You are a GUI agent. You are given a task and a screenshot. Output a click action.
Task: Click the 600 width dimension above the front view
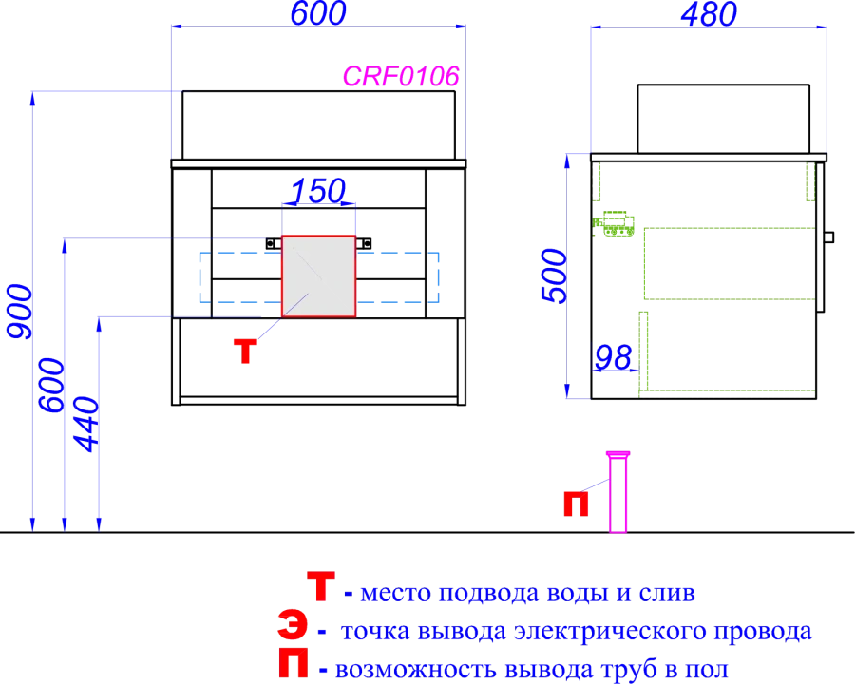[318, 13]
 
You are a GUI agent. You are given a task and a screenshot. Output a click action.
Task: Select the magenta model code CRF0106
[401, 76]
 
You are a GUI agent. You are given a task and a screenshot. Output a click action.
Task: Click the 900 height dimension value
[20, 312]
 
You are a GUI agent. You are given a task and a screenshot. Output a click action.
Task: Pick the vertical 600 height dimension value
[52, 385]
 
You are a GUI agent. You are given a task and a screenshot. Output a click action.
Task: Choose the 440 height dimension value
[86, 425]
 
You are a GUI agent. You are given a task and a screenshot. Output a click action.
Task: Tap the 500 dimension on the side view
[555, 275]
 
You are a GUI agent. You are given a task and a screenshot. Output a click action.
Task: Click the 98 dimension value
[614, 358]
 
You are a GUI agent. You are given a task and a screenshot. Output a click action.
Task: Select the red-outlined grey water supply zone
[318, 276]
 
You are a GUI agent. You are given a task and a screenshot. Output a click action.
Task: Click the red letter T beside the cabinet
[245, 351]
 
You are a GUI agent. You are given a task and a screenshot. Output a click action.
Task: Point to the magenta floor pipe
[617, 491]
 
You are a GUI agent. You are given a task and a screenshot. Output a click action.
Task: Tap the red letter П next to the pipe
[576, 504]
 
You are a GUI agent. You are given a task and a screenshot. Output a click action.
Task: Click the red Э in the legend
[293, 625]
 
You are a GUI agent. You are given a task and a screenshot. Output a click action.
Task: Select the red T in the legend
[321, 586]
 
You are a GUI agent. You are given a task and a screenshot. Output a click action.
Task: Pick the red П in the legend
[294, 663]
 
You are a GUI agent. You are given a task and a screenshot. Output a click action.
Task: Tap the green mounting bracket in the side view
[615, 223]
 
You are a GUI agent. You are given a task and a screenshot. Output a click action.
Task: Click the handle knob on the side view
[828, 237]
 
